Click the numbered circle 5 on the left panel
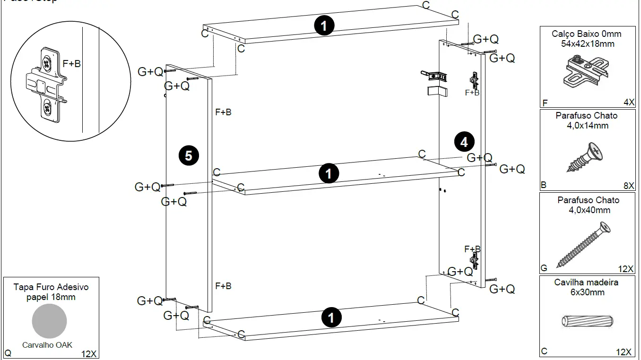(189, 155)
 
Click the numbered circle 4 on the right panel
(464, 142)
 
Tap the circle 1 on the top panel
(324, 26)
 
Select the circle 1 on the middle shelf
(329, 173)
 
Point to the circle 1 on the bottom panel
(331, 317)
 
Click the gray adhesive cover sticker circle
(49, 321)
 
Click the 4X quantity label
(628, 103)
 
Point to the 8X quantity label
(628, 186)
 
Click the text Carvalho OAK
(47, 345)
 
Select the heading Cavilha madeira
(586, 283)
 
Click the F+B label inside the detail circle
(71, 64)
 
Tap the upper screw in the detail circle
(47, 61)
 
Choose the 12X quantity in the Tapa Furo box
(89, 353)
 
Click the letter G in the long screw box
(544, 268)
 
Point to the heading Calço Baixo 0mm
(586, 34)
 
